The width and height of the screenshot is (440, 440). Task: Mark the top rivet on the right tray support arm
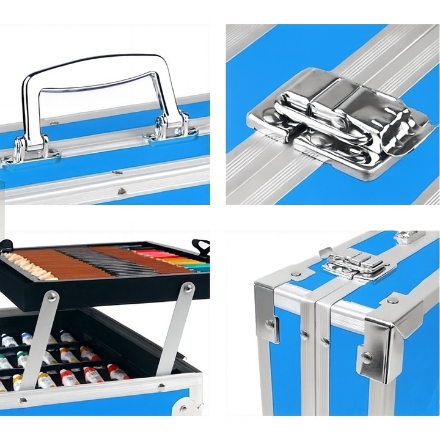pyautogui.click(x=188, y=287)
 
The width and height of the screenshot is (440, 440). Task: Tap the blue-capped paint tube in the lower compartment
pyautogui.click(x=27, y=339)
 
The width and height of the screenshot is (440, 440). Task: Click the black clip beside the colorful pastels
pyautogui.click(x=200, y=246)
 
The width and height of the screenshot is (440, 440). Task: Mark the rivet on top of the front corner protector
pyautogui.click(x=392, y=300)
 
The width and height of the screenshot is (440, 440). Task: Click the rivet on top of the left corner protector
pyautogui.click(x=295, y=274)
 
